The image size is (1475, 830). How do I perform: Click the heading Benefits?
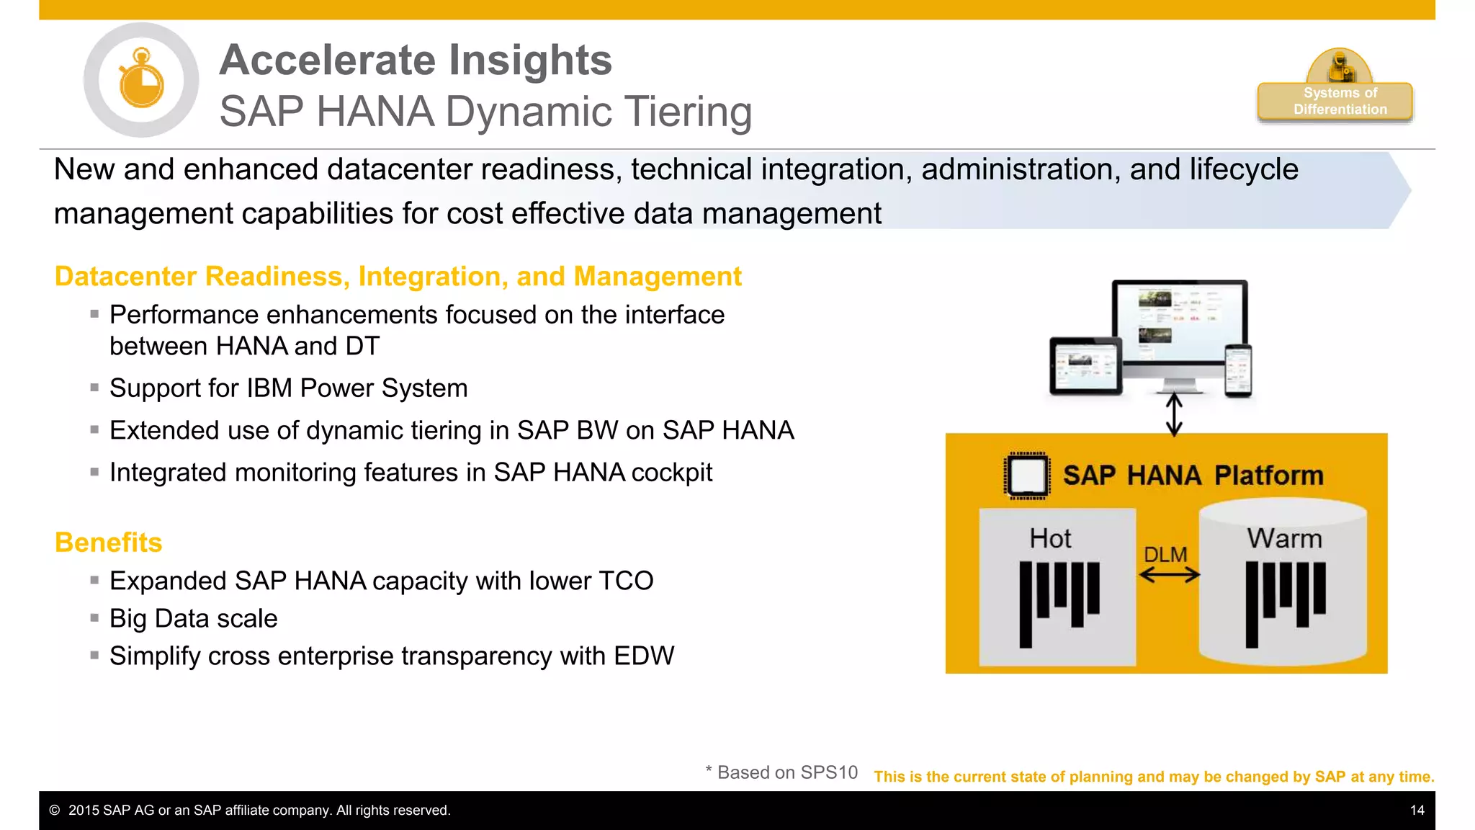point(109,543)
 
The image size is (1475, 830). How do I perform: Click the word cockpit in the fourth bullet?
point(671,473)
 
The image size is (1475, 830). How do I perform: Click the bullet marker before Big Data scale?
point(94,617)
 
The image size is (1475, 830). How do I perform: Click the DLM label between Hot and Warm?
point(1165,554)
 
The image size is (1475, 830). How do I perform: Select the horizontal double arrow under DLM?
point(1170,575)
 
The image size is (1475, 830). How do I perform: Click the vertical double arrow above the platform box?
point(1174,414)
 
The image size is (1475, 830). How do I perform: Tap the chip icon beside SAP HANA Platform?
point(1026,476)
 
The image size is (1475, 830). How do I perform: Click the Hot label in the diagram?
point(1050,538)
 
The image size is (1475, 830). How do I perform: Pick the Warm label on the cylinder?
point(1284,538)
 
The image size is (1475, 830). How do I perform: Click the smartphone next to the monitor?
point(1238,370)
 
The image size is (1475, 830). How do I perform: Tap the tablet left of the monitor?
point(1085,366)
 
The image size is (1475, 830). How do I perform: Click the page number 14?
point(1417,811)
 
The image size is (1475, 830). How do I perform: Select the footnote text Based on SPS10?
point(786,772)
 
